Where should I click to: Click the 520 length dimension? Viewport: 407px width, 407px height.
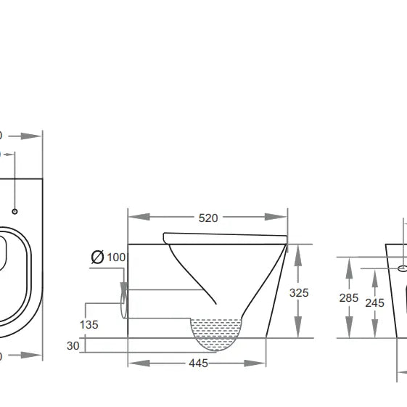(x=208, y=218)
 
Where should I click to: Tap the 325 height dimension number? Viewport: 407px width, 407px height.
(x=299, y=292)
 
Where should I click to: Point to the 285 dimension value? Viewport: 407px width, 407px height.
(x=349, y=297)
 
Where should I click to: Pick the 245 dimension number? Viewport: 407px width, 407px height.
(x=374, y=303)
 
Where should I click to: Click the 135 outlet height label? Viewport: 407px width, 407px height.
(x=89, y=324)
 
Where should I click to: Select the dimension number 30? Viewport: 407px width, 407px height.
(x=73, y=346)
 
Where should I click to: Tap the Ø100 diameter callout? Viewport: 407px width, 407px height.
(x=108, y=257)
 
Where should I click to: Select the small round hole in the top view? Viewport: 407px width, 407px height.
(x=15, y=211)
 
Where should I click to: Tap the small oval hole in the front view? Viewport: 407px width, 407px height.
(x=403, y=268)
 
